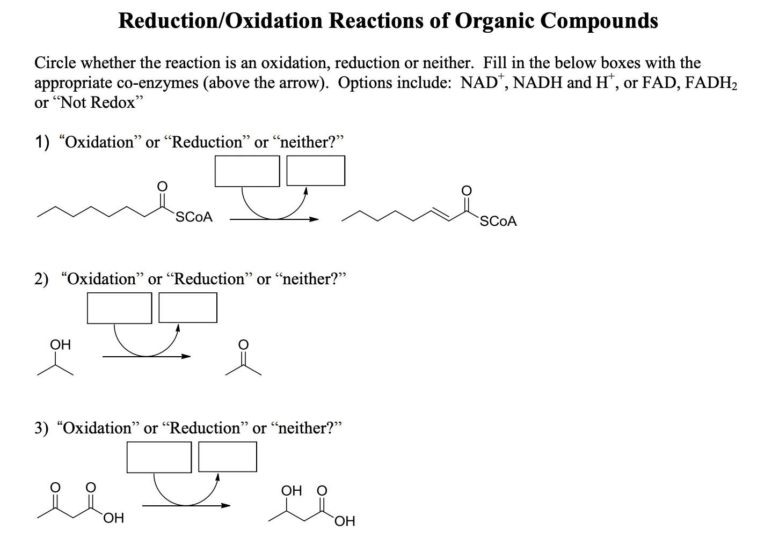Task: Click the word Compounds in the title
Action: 599,20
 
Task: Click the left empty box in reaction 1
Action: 247,171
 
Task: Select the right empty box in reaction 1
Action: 316,171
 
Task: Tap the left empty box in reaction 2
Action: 120,308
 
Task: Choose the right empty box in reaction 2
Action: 188,308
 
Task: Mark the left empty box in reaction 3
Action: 159,457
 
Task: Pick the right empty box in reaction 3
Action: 228,456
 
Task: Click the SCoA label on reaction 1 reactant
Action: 194,217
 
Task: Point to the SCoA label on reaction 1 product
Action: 498,221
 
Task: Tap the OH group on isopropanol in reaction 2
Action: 60,344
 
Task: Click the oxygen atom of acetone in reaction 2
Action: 243,344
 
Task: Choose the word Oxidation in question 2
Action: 102,279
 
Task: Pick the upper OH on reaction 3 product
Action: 292,491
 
